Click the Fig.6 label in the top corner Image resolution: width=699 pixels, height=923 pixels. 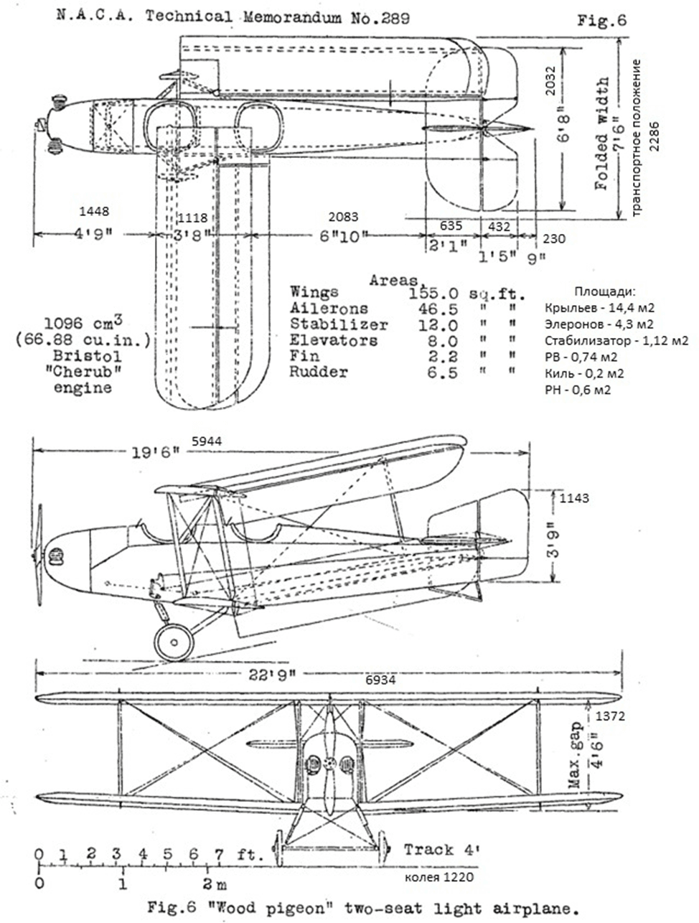[602, 21]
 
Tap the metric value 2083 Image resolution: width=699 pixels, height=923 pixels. [342, 216]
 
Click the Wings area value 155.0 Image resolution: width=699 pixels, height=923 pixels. [434, 293]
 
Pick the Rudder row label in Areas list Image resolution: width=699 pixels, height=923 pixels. [319, 372]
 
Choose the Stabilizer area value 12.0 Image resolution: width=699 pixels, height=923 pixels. [434, 324]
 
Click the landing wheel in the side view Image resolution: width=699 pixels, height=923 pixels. [175, 641]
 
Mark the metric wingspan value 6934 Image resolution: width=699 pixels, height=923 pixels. [381, 679]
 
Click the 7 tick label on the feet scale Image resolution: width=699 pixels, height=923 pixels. [219, 855]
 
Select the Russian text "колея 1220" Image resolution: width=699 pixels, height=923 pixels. [439, 876]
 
